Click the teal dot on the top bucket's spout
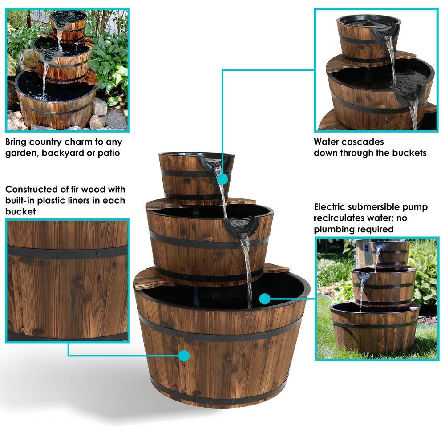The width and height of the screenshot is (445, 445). click(223, 179)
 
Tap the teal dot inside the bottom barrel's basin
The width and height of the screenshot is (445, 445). click(264, 299)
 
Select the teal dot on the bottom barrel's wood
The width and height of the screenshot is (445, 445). click(184, 355)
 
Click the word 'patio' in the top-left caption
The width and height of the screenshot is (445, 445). click(109, 153)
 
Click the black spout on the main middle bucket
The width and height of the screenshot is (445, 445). click(241, 225)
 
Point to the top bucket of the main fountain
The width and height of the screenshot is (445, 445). click(196, 178)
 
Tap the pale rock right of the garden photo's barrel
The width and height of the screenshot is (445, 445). click(100, 107)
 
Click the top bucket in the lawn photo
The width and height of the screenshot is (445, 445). click(391, 254)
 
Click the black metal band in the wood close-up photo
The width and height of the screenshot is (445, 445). click(68, 252)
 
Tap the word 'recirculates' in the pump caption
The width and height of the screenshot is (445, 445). click(338, 218)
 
